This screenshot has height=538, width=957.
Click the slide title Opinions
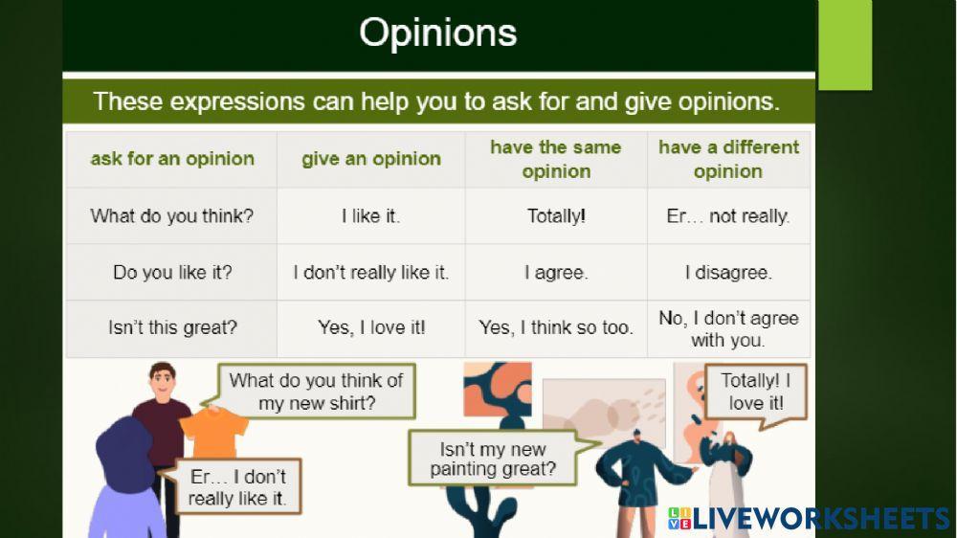(x=437, y=33)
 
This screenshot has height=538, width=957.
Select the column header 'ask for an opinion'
(x=172, y=159)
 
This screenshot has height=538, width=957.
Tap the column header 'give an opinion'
(x=371, y=159)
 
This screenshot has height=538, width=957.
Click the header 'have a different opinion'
(x=728, y=159)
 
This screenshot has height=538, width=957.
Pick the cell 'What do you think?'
(x=171, y=215)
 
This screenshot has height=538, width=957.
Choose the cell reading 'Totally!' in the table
(x=556, y=215)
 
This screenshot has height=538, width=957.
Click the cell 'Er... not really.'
(x=728, y=215)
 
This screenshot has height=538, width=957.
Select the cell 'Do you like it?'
(x=172, y=272)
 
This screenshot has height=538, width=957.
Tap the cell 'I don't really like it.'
(x=371, y=272)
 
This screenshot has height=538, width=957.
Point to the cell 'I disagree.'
(x=728, y=272)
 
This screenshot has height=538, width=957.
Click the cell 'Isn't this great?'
(x=172, y=327)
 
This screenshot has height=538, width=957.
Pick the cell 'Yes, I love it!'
(x=371, y=327)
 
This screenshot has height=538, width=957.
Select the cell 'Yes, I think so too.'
(x=556, y=327)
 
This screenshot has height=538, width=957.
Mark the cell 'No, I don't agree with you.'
(x=728, y=328)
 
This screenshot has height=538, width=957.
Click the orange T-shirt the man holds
(x=214, y=433)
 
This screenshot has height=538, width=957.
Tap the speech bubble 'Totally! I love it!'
(x=756, y=392)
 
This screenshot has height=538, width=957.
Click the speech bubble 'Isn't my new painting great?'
(x=493, y=459)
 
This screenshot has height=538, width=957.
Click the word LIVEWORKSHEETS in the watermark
(x=821, y=519)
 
